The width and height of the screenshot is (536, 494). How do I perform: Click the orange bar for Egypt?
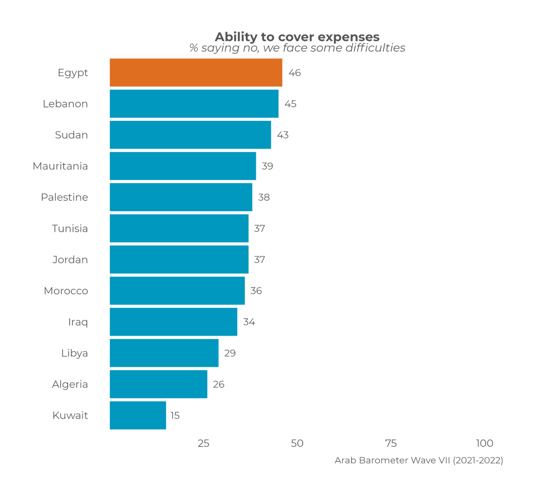pos(196,73)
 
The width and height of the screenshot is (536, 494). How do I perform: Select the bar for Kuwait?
pos(138,415)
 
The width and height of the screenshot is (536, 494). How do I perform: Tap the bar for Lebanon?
pos(194,104)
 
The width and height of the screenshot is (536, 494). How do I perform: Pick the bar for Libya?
pos(164,353)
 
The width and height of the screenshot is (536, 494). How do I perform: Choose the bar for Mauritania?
pos(183,166)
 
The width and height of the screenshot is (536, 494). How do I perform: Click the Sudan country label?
pos(71,135)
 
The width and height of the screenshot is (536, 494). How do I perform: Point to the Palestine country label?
pos(64,197)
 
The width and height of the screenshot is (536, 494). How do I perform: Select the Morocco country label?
pos(66,291)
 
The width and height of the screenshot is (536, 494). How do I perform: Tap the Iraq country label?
pos(78,322)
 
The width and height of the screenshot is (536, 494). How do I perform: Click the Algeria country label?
pos(70,384)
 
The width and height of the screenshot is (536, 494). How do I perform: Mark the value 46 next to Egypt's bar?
pos(295,73)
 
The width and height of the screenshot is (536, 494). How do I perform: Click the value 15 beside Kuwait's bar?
pos(175,416)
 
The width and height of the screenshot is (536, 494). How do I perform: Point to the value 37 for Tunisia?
pos(259,229)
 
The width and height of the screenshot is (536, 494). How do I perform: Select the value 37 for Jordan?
pos(259,260)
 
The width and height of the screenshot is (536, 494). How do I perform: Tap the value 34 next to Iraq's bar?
pos(249,322)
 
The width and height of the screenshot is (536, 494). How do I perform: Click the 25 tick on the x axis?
pos(204,444)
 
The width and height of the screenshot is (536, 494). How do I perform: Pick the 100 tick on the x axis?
pos(485,444)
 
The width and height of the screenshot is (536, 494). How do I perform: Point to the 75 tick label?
pos(391,444)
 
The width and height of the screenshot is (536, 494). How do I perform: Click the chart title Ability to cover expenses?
pos(297,37)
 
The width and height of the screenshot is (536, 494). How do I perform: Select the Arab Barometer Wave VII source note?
pos(419,460)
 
